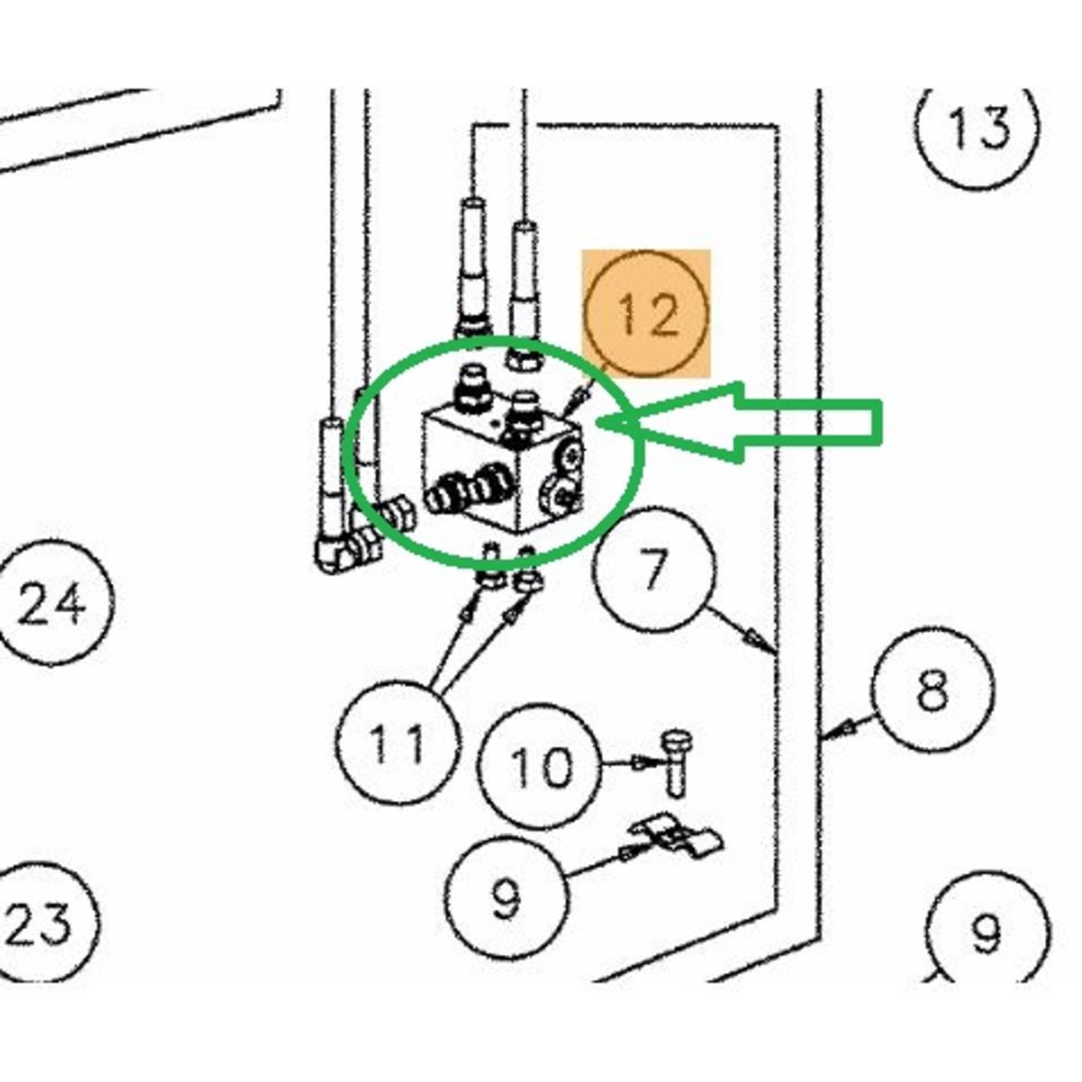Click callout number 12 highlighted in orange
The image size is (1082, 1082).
click(646, 313)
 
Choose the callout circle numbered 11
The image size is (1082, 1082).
click(397, 741)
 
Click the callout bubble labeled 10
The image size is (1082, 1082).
click(540, 766)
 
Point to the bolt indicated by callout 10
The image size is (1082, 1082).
click(677, 763)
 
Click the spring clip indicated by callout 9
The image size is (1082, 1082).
click(677, 838)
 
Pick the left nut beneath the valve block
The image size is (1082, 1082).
click(491, 576)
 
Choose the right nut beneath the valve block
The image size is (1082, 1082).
click(527, 581)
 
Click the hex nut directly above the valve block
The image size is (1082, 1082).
click(526, 357)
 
